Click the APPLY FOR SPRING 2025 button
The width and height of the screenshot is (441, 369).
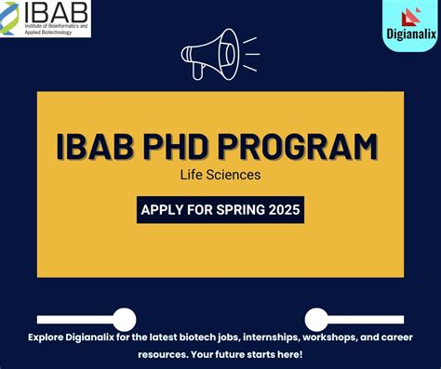[x=220, y=209]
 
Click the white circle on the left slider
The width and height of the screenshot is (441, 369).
[x=124, y=320]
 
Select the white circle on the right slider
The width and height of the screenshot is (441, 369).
[x=316, y=320]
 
